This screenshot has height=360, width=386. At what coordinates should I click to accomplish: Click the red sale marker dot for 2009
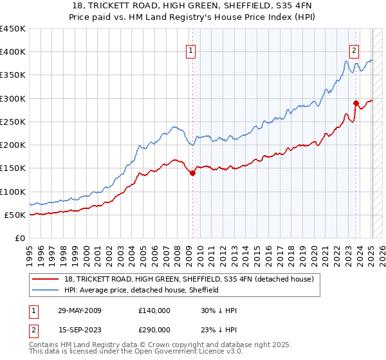[x=192, y=172]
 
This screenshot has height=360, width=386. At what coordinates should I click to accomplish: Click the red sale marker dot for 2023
[x=356, y=102]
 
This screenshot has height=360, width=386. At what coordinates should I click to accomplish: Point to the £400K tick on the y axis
[x=13, y=52]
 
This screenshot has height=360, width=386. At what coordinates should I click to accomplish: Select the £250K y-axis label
[x=13, y=122]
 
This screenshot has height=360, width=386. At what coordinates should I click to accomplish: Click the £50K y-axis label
[x=15, y=215]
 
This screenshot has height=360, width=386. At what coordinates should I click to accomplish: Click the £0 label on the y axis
[x=20, y=238]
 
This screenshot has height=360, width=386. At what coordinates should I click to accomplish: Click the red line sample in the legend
[x=46, y=279]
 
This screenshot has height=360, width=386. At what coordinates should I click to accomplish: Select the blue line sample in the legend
[x=46, y=290]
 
